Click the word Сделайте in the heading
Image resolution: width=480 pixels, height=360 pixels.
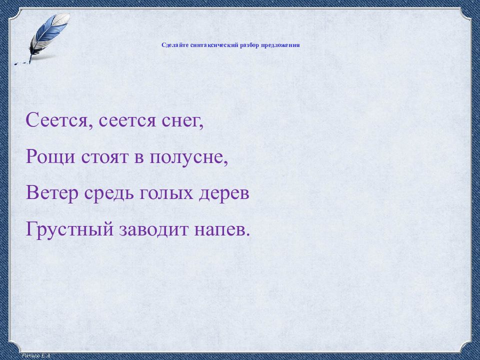173,45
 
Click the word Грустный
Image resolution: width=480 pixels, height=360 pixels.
69,230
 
